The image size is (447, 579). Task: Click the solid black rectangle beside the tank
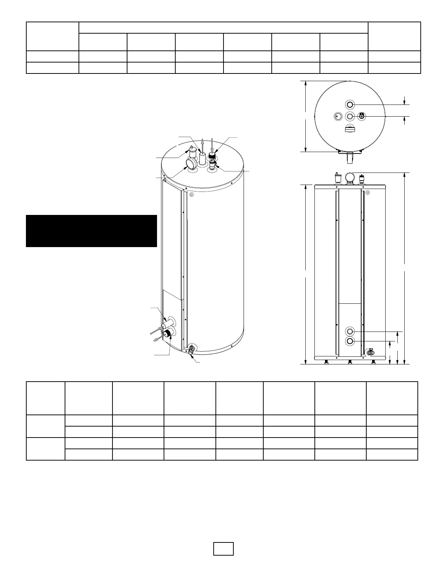tap(91, 231)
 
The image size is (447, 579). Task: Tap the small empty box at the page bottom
tap(223, 548)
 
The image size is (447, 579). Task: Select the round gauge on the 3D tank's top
tap(191, 163)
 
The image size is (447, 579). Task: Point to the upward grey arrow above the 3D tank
tap(203, 144)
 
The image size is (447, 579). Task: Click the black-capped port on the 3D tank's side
tap(168, 333)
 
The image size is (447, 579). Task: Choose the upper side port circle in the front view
tap(350, 332)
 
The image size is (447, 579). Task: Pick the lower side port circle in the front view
tap(350, 341)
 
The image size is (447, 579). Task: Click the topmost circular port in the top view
tap(350, 105)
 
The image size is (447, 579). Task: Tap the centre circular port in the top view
tap(350, 116)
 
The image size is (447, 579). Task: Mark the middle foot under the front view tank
tap(350, 362)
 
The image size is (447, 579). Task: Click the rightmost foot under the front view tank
tap(373, 362)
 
